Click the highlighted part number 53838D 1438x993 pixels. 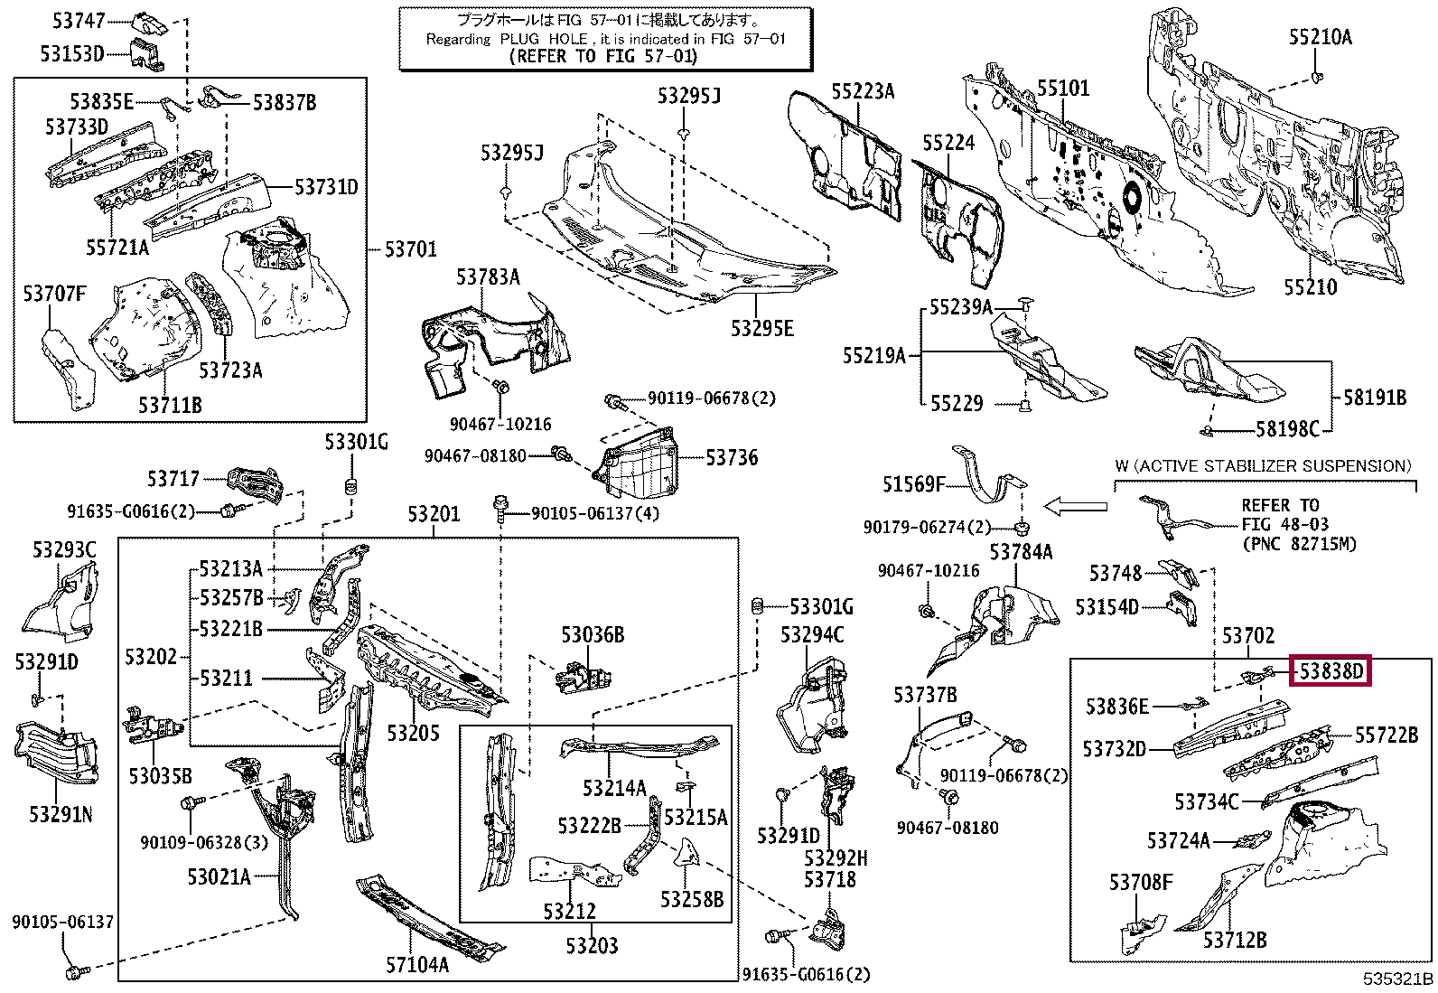(x=1330, y=671)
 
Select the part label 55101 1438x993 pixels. (x=1062, y=88)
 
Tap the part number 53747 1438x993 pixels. (x=79, y=19)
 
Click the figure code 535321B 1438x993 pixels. (x=1398, y=979)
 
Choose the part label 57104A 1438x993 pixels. (x=416, y=965)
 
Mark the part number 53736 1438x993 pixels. (x=732, y=458)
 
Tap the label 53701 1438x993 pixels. (x=410, y=248)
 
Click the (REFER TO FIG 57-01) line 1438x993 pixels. (x=603, y=56)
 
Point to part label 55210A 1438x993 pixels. (x=1320, y=37)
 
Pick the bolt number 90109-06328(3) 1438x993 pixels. (x=204, y=842)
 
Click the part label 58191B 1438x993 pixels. (x=1374, y=397)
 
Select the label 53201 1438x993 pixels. (x=433, y=514)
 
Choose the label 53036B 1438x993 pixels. (x=592, y=634)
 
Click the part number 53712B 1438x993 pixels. (x=1234, y=940)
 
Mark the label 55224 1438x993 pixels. (x=948, y=143)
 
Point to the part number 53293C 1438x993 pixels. (x=64, y=549)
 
